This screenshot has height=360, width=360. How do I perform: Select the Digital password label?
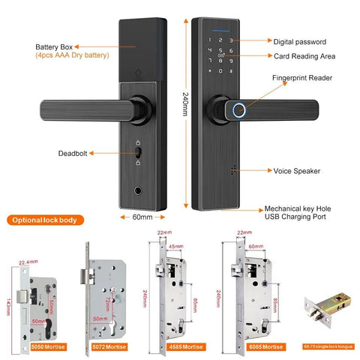click(298, 42)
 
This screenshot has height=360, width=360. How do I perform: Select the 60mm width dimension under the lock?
click(142, 217)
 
